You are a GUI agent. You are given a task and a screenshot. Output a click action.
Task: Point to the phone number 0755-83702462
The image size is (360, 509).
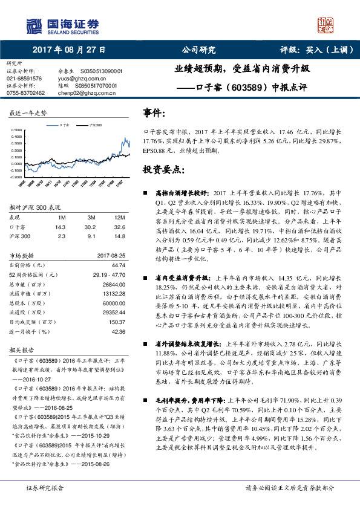(26, 93)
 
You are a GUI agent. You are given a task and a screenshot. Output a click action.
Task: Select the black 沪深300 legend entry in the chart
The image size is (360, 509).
(93, 124)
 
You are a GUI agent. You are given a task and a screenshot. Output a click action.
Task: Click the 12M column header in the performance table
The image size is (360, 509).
(120, 217)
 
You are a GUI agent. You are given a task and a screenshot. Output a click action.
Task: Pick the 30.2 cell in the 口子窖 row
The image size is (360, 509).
(91, 227)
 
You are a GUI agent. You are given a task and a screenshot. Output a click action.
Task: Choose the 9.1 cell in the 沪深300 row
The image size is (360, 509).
(91, 237)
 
